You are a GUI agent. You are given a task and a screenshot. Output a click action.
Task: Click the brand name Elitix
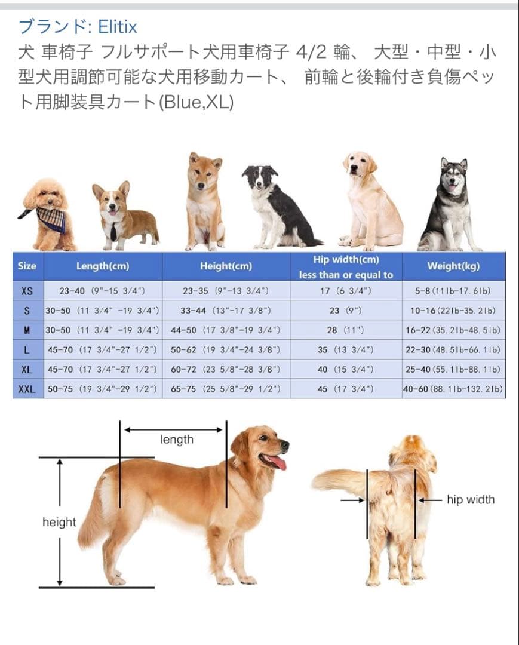tap(118, 27)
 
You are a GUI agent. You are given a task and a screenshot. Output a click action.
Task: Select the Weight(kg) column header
tap(453, 266)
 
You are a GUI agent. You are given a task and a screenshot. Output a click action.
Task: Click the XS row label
tap(27, 291)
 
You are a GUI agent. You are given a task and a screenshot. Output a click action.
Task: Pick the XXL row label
tap(27, 389)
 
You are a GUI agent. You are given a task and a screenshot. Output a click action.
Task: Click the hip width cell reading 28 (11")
tap(346, 330)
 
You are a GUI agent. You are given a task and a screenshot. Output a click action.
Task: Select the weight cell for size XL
tap(453, 370)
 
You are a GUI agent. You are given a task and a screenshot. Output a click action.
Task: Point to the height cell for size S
tap(226, 311)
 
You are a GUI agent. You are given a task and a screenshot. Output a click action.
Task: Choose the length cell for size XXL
tap(102, 389)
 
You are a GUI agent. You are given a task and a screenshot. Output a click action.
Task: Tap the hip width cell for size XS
tap(346, 291)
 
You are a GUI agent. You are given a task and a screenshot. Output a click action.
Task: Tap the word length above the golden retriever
tap(177, 440)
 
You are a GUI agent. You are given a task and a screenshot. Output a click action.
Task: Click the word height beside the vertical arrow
tap(59, 523)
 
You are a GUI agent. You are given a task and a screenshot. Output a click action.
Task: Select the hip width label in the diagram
tap(471, 500)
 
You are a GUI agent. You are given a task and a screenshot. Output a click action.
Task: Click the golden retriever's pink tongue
tap(278, 462)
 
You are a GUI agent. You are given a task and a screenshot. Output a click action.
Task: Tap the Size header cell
tap(27, 266)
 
